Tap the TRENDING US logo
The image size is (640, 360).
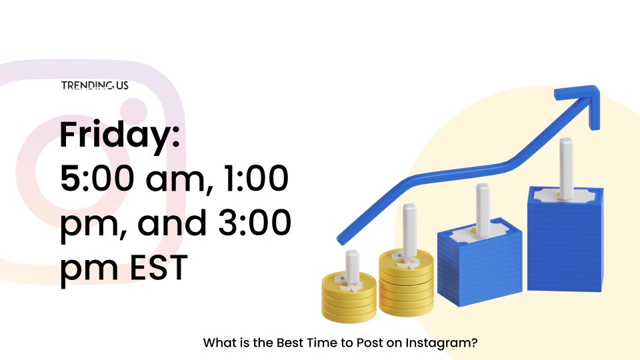tap(95, 85)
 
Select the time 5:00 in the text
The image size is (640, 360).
tap(97, 179)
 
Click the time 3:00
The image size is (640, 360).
tap(254, 223)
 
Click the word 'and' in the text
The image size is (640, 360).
tap(172, 223)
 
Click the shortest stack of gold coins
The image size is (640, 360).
tap(349, 297)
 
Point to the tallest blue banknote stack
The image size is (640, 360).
tap(565, 239)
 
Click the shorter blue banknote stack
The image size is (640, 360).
tap(479, 262)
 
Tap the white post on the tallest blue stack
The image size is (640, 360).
tap(566, 167)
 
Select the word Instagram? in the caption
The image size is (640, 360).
tap(441, 343)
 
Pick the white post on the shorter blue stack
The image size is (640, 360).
tap(483, 210)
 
